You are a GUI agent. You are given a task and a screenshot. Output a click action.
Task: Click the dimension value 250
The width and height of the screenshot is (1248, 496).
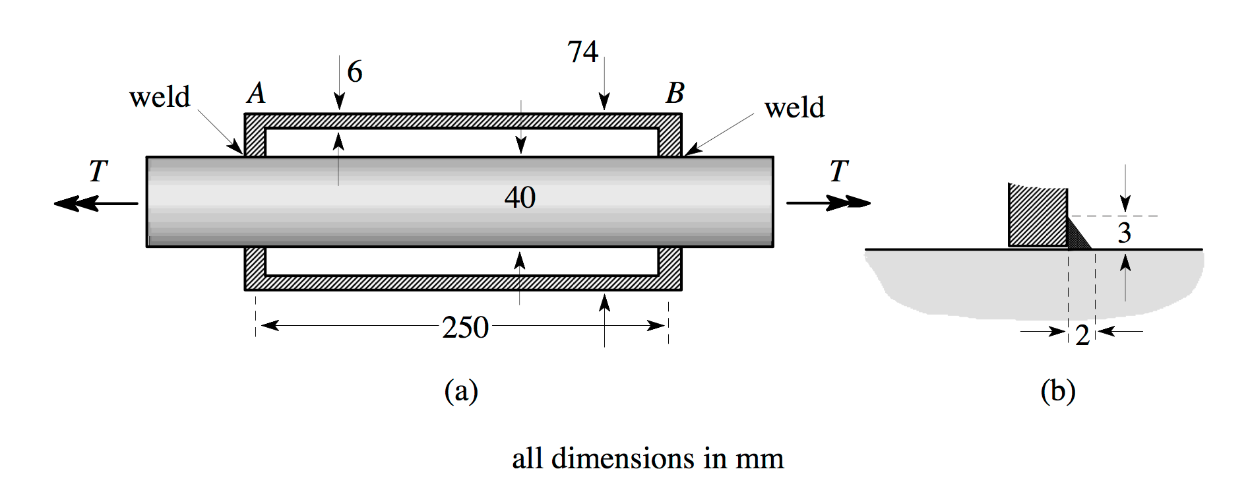click(x=465, y=327)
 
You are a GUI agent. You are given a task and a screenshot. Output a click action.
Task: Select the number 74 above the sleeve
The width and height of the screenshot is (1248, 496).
click(x=582, y=52)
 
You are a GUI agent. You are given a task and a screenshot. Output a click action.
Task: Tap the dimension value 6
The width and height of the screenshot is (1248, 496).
click(x=355, y=71)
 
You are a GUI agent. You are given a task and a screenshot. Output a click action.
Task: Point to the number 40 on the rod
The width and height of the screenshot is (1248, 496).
click(x=520, y=197)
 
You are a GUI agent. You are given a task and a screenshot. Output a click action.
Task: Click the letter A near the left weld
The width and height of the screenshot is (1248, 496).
click(x=257, y=93)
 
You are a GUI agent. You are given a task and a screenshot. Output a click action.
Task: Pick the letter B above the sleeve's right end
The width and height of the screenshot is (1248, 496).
click(x=675, y=93)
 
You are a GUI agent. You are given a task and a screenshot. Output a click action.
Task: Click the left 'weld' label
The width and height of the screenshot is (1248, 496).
click(x=160, y=97)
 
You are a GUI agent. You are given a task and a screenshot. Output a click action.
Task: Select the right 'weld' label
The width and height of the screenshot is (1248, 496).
click(x=794, y=108)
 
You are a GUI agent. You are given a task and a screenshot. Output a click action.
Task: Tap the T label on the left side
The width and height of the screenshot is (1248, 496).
click(x=98, y=171)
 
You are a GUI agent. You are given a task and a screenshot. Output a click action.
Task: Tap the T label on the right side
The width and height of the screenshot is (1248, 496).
click(x=838, y=171)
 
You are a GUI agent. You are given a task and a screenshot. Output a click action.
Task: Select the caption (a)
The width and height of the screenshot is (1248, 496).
click(x=461, y=390)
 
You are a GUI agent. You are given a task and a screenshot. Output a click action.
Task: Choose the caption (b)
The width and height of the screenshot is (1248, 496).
click(x=1057, y=390)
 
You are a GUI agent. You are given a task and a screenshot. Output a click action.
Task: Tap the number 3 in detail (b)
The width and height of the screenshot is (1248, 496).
click(x=1125, y=233)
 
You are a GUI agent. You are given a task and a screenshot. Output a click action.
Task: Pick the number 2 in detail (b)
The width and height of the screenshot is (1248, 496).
click(x=1082, y=335)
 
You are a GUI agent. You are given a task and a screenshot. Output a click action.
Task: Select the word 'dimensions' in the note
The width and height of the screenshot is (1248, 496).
click(x=623, y=458)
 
